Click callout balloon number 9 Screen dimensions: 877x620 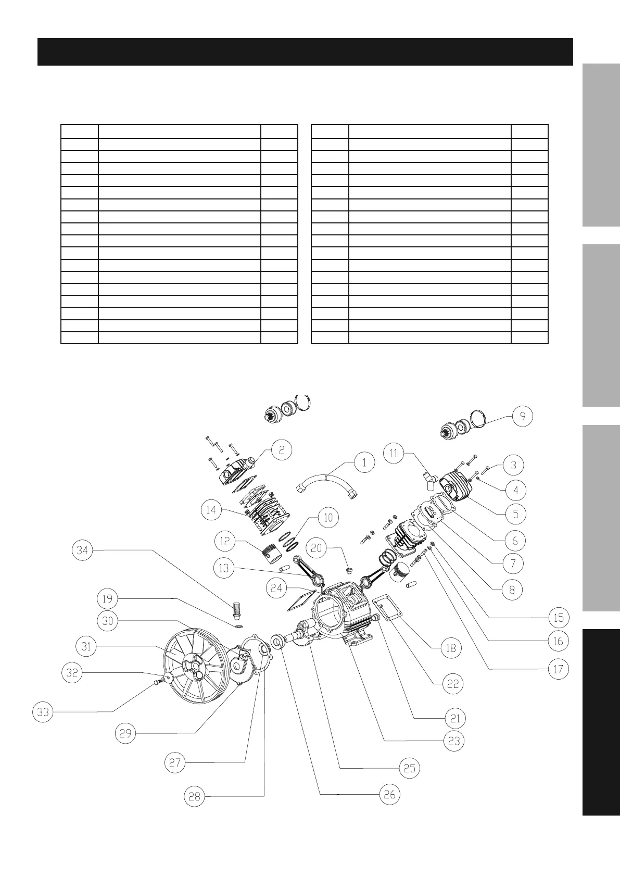tap(523, 417)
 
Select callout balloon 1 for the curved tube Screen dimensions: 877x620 tap(364, 462)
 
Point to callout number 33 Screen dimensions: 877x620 tap(43, 711)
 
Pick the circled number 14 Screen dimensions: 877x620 tap(211, 510)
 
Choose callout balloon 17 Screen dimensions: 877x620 tap(558, 669)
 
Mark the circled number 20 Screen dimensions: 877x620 tap(317, 548)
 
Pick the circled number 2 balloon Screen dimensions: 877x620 tap(281, 449)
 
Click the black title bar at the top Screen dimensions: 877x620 tap(305, 52)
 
